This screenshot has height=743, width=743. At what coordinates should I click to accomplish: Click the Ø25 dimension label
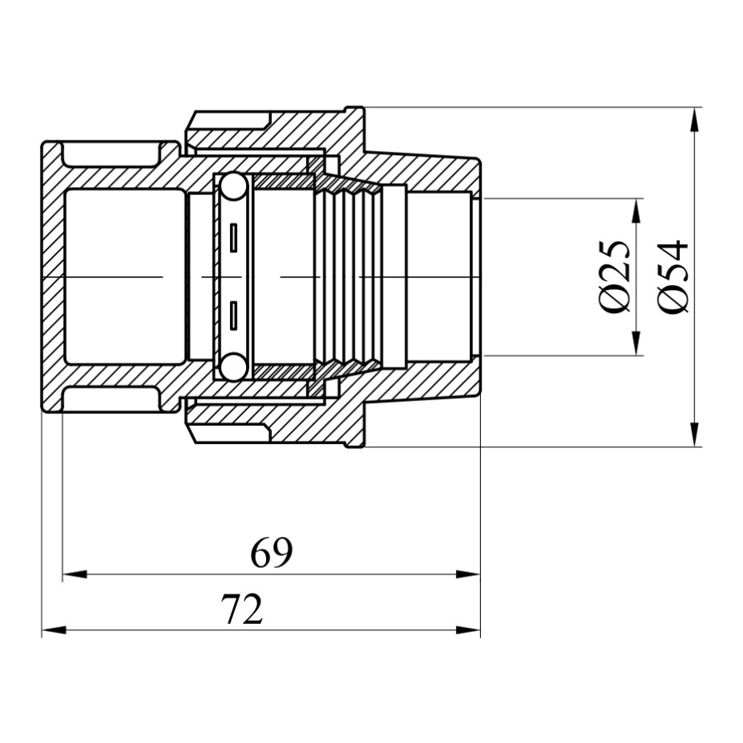[615, 276]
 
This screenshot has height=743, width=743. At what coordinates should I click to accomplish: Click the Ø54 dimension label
[672, 276]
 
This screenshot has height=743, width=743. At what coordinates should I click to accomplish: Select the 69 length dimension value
[272, 553]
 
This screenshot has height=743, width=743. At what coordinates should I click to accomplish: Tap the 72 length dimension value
[241, 609]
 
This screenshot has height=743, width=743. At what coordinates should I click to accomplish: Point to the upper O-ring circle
[232, 186]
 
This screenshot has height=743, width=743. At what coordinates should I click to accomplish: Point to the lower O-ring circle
[232, 367]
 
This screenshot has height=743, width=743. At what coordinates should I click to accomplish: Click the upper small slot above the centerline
[233, 238]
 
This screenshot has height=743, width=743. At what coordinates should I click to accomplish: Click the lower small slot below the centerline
[233, 315]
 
